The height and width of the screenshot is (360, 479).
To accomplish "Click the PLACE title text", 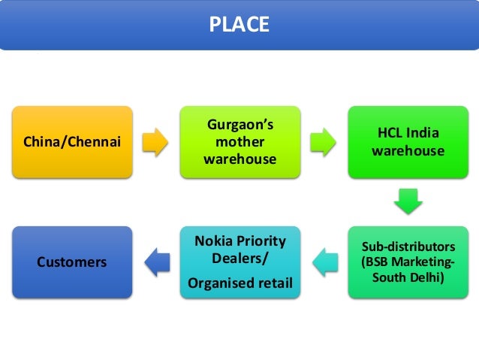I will (x=239, y=26).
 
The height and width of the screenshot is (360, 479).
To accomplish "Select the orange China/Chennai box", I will (x=72, y=141).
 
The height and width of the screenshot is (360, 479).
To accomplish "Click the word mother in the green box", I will (x=239, y=141).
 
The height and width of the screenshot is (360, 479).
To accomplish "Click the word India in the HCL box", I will (x=423, y=133).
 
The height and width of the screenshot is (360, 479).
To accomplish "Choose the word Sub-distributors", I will (x=408, y=247).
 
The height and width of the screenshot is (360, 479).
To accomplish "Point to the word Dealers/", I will (x=239, y=259).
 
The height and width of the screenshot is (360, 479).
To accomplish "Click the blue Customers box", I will (x=72, y=262).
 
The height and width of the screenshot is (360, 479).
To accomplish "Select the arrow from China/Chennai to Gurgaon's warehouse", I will (x=155, y=141).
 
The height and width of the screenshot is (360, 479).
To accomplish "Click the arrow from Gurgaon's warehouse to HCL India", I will (x=323, y=141).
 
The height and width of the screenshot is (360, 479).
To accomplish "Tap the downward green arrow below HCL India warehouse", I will (x=408, y=201).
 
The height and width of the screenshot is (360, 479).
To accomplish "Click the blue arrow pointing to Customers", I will (x=155, y=262).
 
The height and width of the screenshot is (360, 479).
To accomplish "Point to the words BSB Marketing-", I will (x=408, y=262).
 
